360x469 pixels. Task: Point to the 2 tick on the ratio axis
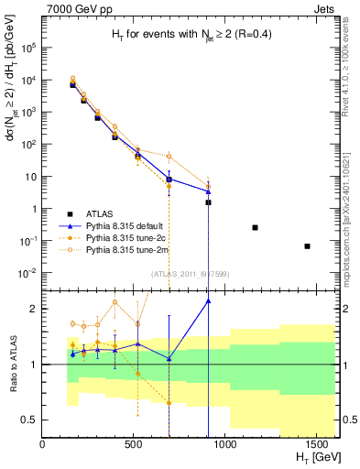tap(34, 309)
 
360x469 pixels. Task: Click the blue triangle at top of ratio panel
tap(208, 300)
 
